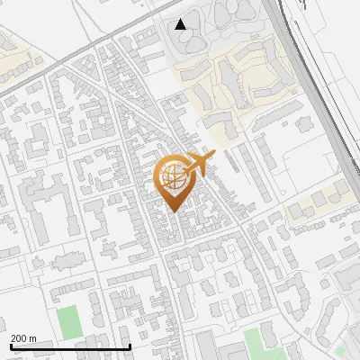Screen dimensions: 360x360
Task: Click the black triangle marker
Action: click(x=181, y=24)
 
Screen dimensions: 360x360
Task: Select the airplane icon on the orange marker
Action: click(x=199, y=165)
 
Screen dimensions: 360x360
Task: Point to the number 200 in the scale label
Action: click(x=19, y=338)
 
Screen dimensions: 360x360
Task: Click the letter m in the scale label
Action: click(x=32, y=338)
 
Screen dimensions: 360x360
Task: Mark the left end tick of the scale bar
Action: click(x=11, y=346)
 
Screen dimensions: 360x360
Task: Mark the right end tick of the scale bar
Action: click(x=130, y=346)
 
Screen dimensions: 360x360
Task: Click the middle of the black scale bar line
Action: click(x=70, y=346)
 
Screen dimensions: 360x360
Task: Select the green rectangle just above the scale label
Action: click(x=67, y=319)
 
